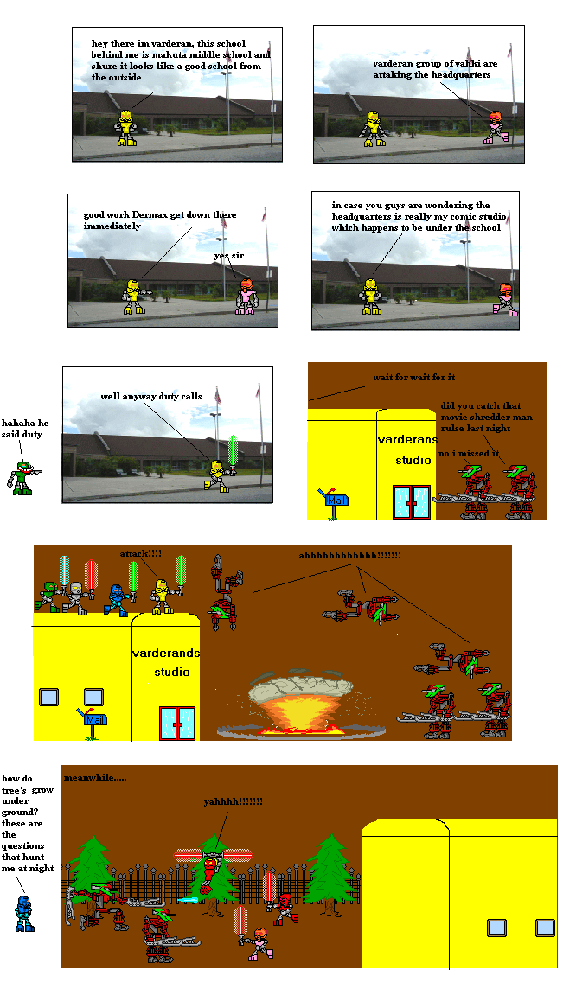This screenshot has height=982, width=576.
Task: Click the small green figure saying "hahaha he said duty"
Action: [20, 478]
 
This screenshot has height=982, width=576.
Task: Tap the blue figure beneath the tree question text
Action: [24, 913]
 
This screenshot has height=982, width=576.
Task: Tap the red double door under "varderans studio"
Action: [411, 501]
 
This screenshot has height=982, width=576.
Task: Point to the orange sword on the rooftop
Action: [63, 571]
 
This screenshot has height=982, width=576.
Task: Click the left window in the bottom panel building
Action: [496, 928]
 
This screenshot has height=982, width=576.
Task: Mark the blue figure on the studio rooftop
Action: [114, 600]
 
